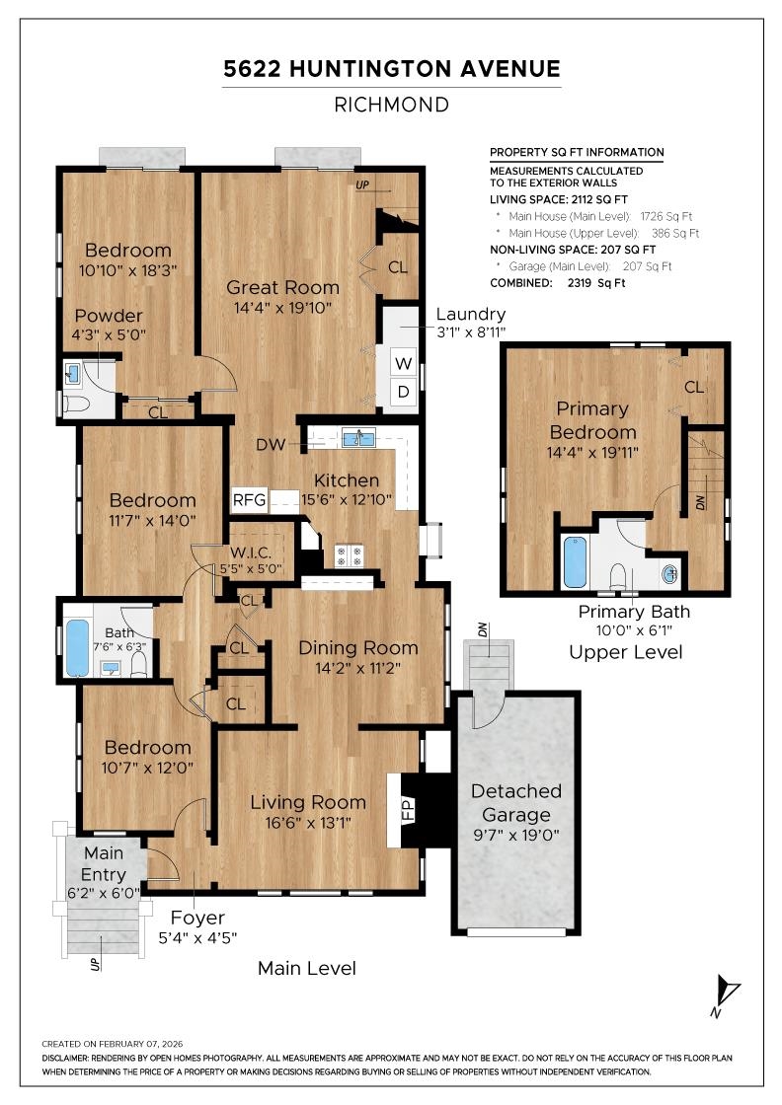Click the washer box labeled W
[404, 361]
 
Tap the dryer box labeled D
[404, 392]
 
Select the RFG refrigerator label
[249, 499]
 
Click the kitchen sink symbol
[357, 438]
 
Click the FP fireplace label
[407, 810]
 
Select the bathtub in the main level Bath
[77, 648]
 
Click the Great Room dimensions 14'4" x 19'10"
[282, 308]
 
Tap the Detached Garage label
[515, 803]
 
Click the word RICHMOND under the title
[391, 105]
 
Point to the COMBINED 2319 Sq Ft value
[558, 282]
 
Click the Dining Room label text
[345, 648]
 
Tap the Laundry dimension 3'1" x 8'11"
[470, 332]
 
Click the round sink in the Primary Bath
[669, 572]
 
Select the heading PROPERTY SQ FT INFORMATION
[577, 152]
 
